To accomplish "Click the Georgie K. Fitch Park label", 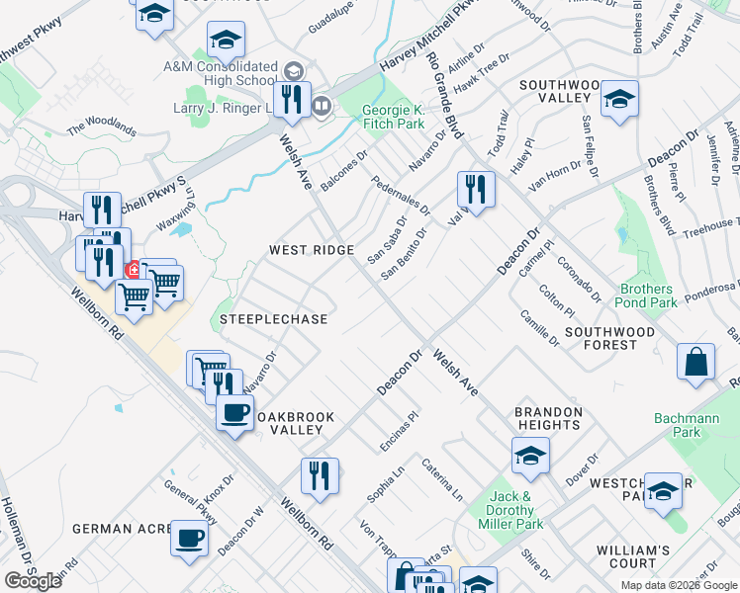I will (x=392, y=117).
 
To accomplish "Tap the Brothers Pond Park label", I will (x=647, y=296).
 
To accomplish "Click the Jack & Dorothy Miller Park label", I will (x=514, y=510).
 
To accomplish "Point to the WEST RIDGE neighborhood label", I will (x=312, y=251).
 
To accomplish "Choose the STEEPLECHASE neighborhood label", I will (x=273, y=319).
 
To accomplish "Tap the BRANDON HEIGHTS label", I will (x=547, y=418).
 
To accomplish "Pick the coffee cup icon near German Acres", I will (x=189, y=539).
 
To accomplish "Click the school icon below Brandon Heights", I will (x=530, y=456).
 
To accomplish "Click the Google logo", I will (x=33, y=581).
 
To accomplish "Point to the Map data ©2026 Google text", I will (x=679, y=585).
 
